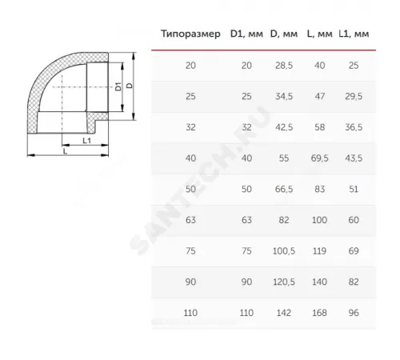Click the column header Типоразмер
click(190, 34)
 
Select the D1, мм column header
click(246, 34)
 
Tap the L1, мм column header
click(354, 34)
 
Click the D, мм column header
click(284, 34)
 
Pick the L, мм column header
click(319, 34)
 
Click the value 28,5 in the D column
click(284, 66)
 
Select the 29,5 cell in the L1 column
click(354, 96)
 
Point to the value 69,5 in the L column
click(319, 158)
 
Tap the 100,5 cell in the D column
click(284, 251)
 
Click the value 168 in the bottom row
click(319, 313)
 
